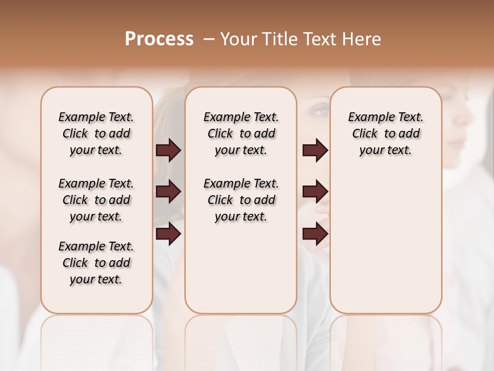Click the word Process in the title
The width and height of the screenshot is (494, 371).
click(x=159, y=39)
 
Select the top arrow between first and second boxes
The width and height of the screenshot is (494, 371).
click(x=168, y=150)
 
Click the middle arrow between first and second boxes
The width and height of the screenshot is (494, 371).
click(x=168, y=192)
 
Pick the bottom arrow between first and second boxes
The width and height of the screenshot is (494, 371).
click(x=168, y=234)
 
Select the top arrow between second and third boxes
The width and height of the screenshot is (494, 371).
click(x=315, y=150)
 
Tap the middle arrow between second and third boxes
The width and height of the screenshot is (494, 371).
click(x=315, y=192)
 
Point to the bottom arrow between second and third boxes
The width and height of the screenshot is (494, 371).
click(x=315, y=234)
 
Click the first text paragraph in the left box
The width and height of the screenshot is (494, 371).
click(x=96, y=133)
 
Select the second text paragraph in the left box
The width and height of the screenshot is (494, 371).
click(x=96, y=200)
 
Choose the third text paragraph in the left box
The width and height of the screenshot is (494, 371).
click(x=96, y=263)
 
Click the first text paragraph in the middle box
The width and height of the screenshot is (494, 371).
click(x=241, y=133)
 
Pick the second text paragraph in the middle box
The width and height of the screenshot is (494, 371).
click(x=241, y=200)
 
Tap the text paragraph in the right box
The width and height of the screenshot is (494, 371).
click(x=385, y=133)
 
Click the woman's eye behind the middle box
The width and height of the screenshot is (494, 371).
click(x=320, y=110)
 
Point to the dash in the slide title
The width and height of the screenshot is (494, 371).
click(x=209, y=39)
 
